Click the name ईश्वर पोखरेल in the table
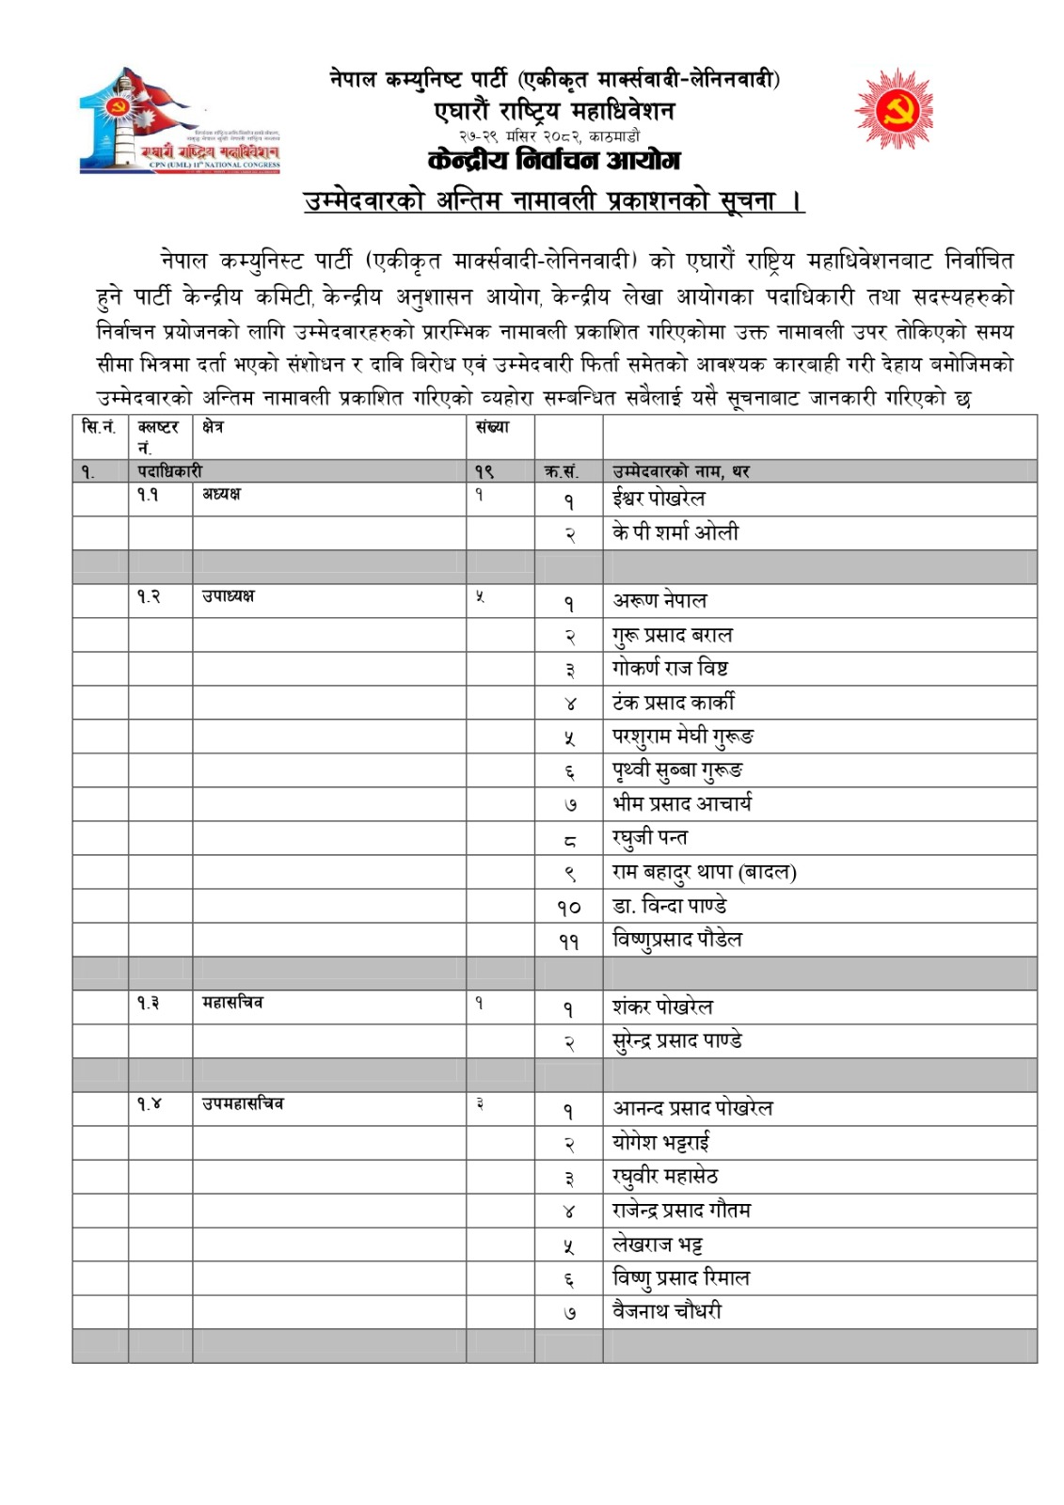click(x=659, y=499)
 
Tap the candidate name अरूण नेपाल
click(x=659, y=600)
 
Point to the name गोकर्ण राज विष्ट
click(x=670, y=669)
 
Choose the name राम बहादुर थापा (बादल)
click(x=704, y=872)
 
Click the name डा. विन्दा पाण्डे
click(x=669, y=906)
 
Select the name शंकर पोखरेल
click(x=662, y=1006)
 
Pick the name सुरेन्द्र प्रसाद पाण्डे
click(x=676, y=1041)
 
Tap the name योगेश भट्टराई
click(x=660, y=1143)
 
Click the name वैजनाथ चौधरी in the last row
click(x=667, y=1311)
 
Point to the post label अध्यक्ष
click(x=221, y=495)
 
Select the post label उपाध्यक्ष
click(x=228, y=596)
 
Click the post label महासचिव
click(x=232, y=1003)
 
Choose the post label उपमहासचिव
click(x=243, y=1103)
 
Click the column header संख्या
click(x=492, y=427)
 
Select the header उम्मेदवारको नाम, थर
click(x=681, y=471)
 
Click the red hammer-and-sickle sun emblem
click(x=894, y=109)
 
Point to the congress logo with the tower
click(x=179, y=120)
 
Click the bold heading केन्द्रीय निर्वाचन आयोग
click(x=553, y=160)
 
